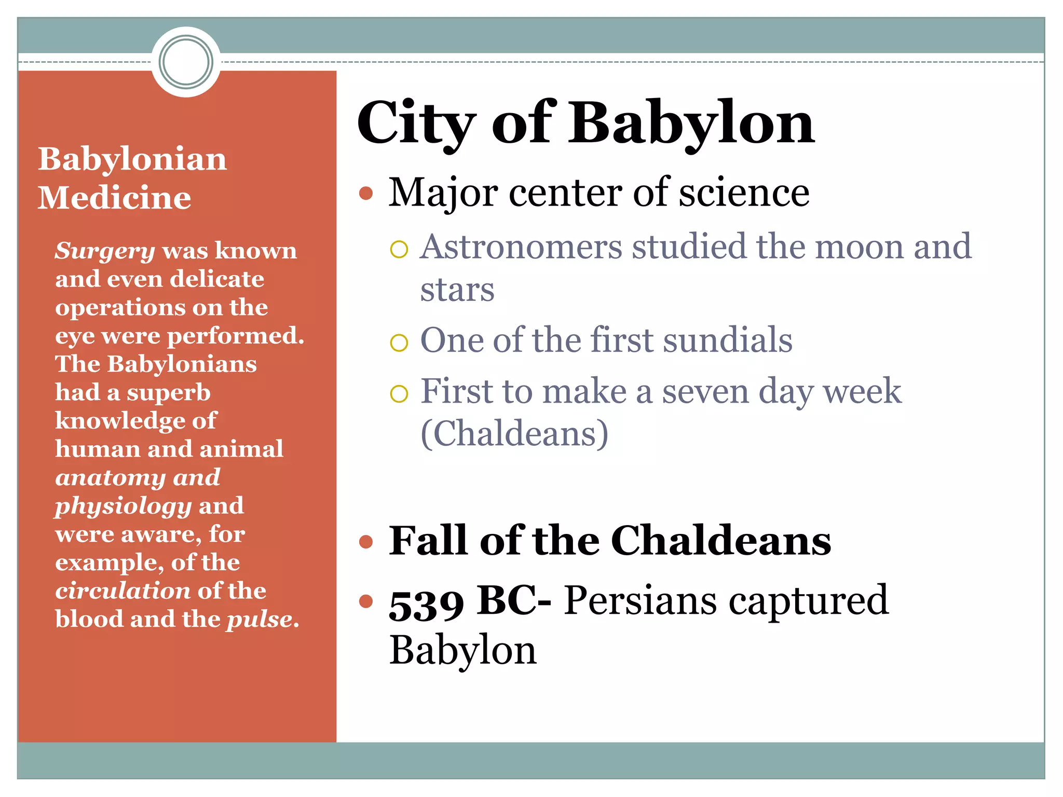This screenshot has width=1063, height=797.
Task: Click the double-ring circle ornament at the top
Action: [186, 62]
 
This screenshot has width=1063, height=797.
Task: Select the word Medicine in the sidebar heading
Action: [114, 198]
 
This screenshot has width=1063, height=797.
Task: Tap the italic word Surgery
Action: [105, 251]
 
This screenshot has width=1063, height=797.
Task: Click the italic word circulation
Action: [122, 591]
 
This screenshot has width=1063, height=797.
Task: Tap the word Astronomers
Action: [521, 246]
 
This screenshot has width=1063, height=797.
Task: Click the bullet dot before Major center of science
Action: [366, 194]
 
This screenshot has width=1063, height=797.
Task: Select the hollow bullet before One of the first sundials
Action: [399, 342]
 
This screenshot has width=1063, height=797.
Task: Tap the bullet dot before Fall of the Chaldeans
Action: [366, 542]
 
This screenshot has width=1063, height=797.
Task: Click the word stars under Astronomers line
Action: [457, 290]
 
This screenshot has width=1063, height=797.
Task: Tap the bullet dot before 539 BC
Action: [366, 601]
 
